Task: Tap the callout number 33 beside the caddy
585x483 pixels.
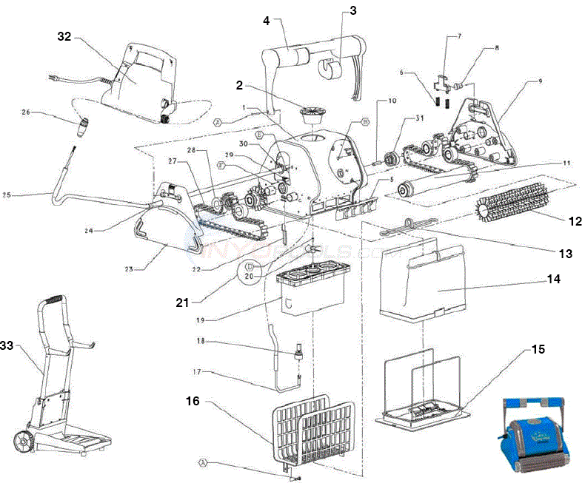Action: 7,345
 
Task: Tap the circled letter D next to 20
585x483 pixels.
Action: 250,266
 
